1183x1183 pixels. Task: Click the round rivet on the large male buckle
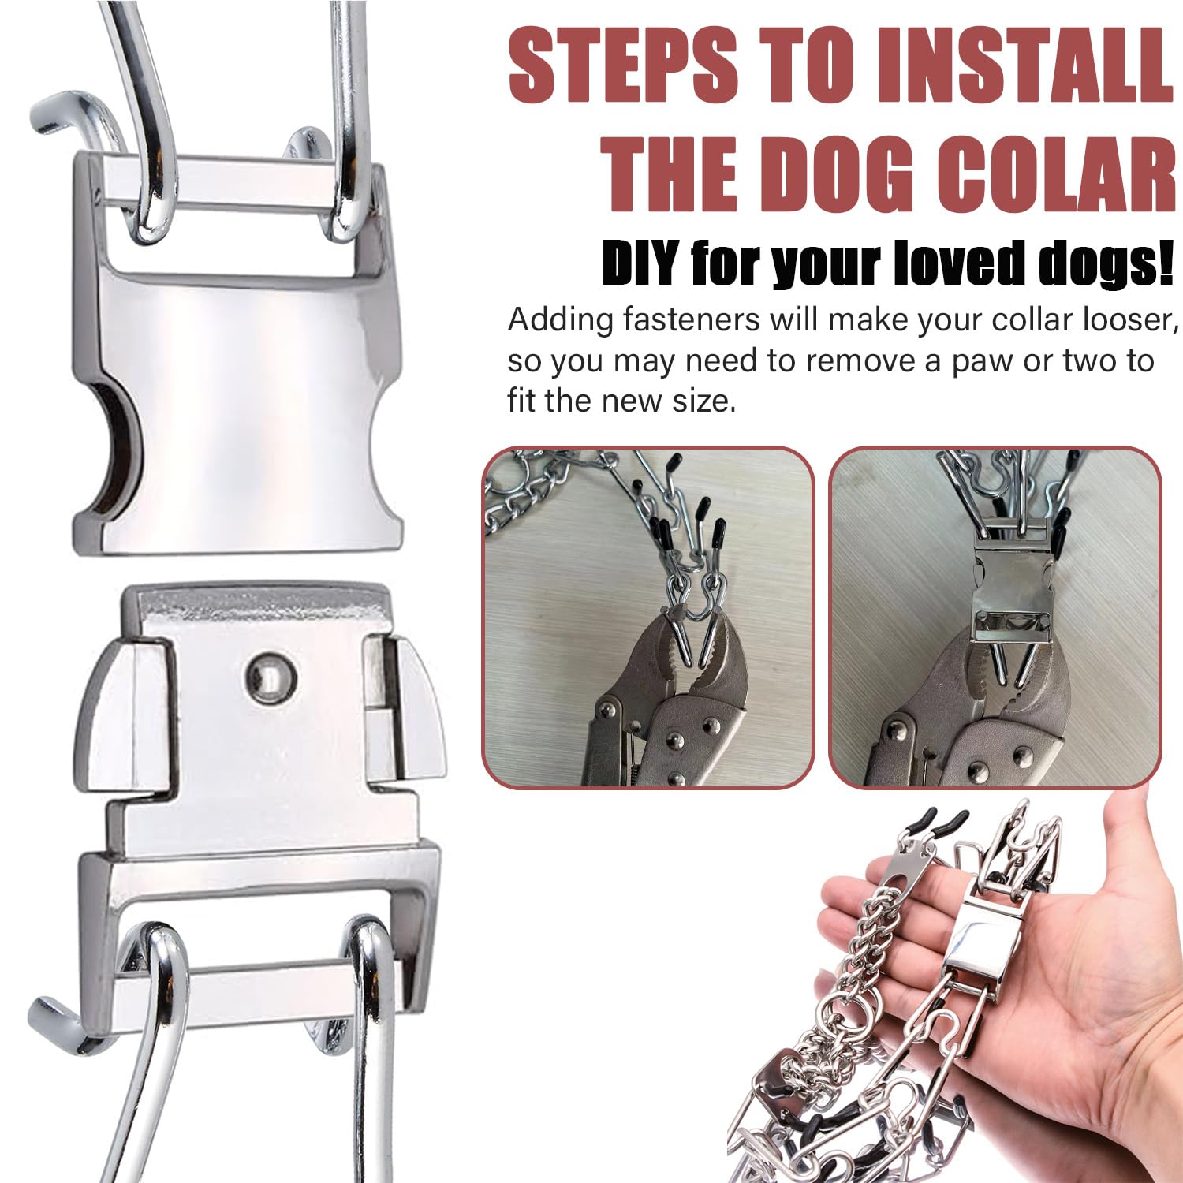click(271, 675)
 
